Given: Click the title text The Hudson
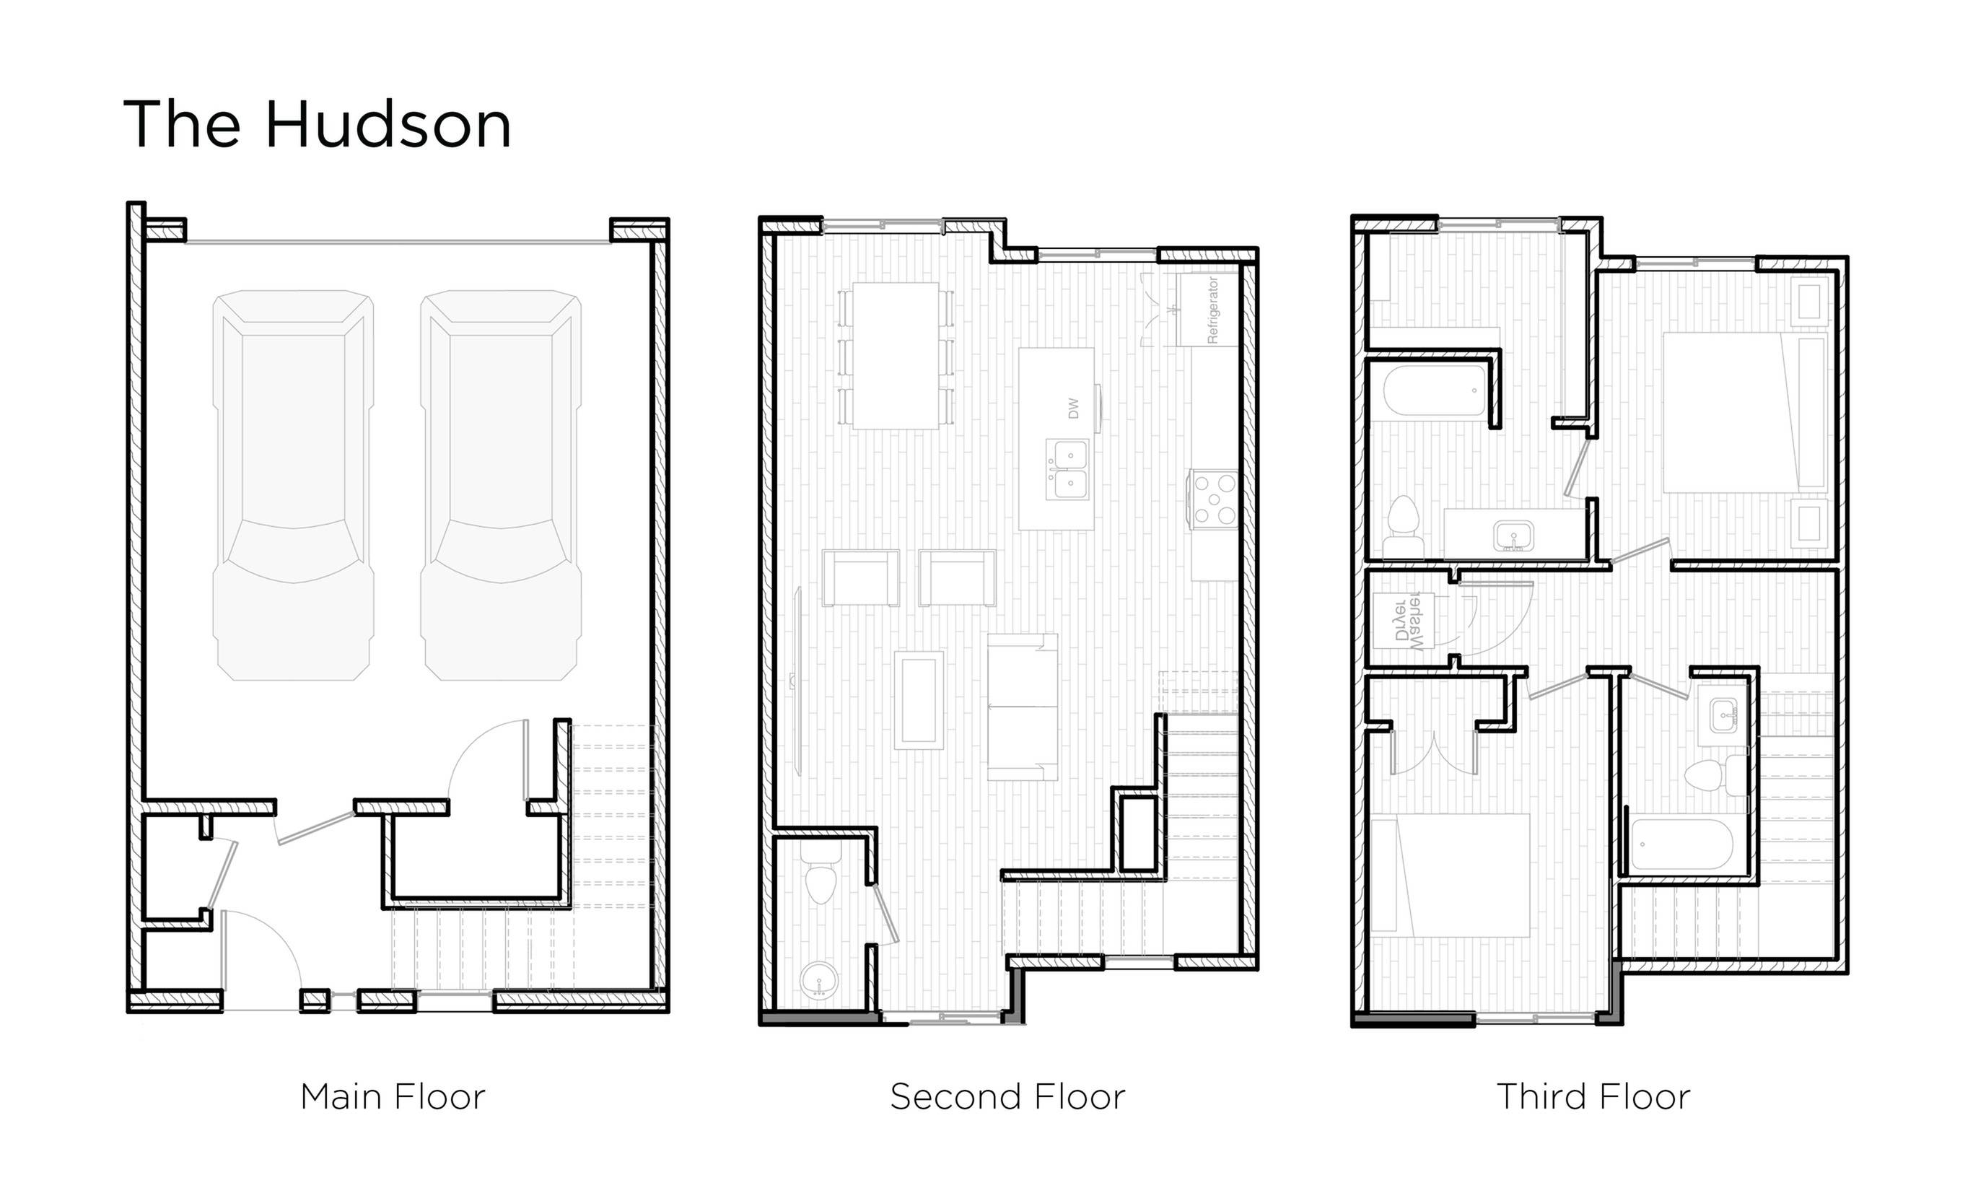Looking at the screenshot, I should (317, 125).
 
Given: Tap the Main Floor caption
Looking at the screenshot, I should (392, 1097).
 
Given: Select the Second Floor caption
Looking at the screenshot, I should (1007, 1097).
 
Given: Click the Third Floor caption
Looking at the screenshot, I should (1593, 1097).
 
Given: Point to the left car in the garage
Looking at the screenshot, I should (293, 484).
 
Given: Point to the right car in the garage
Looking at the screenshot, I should (501, 484).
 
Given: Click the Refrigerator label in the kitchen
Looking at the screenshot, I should (1211, 310).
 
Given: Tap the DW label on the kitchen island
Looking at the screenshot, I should (1072, 409).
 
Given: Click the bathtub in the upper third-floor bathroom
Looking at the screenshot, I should (1435, 390).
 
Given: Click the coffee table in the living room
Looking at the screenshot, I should (918, 699).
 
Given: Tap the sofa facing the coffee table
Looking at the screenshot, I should (1021, 707).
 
